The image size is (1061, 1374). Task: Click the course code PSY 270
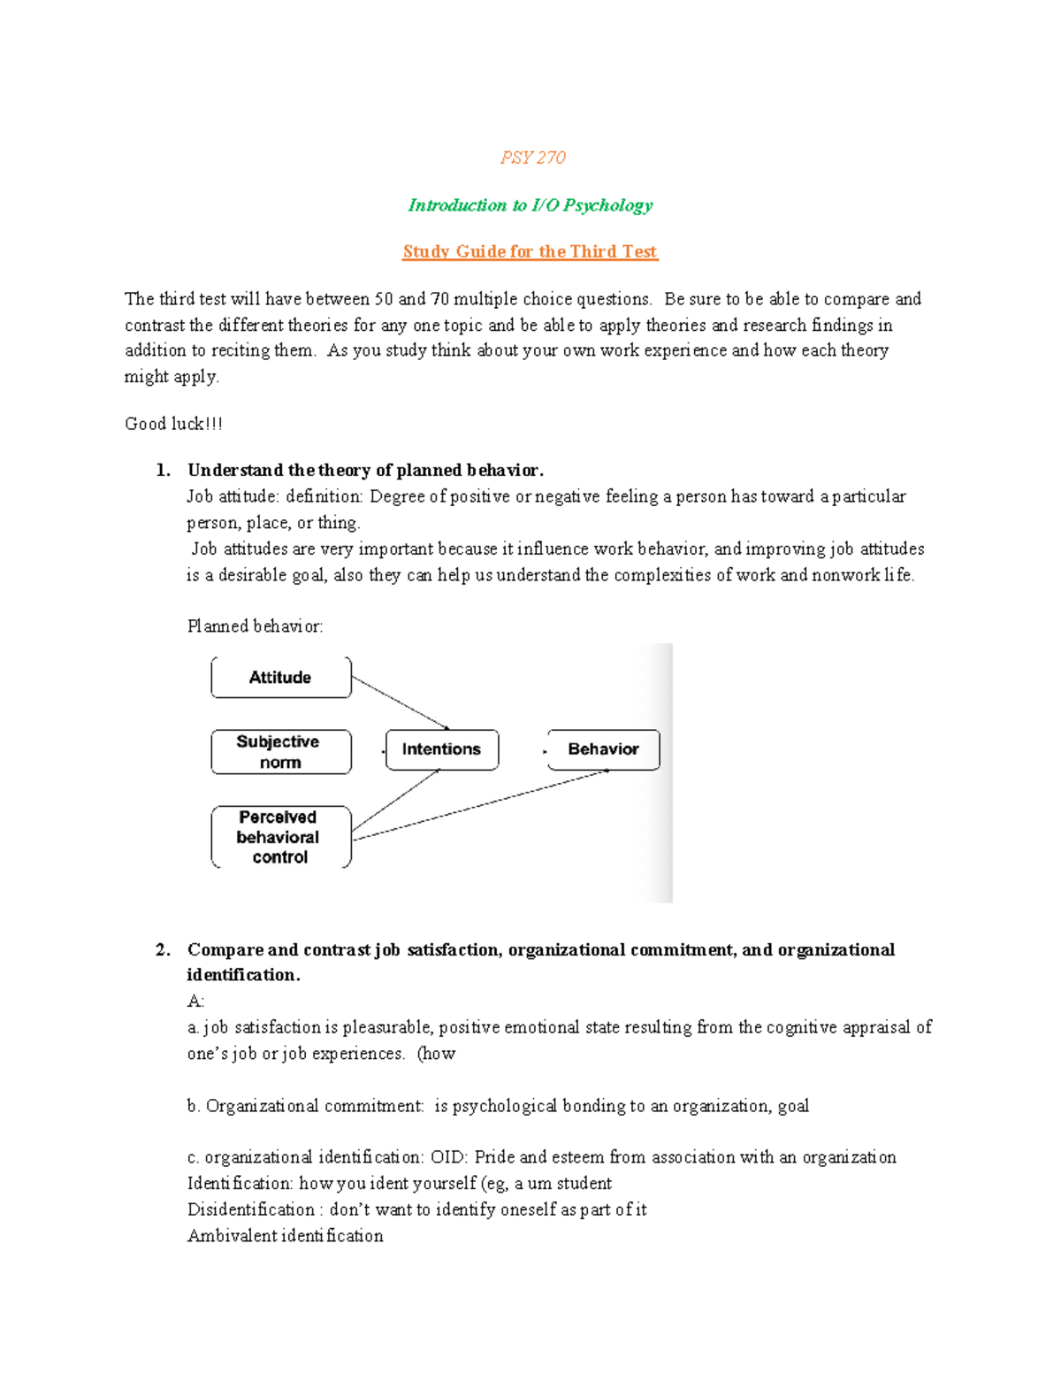532,157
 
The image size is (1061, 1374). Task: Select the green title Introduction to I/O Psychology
530,205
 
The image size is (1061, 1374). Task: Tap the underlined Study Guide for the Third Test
530,251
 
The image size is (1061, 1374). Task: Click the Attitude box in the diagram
280,678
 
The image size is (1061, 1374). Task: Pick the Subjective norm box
280,752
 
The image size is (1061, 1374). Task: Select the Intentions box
441,749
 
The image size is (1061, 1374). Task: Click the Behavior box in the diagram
603,749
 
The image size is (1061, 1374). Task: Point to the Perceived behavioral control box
280,837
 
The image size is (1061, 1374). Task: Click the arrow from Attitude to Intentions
400,703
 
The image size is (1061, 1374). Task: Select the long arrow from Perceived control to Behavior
482,804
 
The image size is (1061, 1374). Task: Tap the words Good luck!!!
173,424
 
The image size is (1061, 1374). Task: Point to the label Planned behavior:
255,626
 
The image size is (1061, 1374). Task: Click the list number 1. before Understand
163,470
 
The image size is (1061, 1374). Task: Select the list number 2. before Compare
163,950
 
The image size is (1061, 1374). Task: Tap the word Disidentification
250,1209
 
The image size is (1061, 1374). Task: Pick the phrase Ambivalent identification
285,1236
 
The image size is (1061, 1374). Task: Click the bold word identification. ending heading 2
243,975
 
